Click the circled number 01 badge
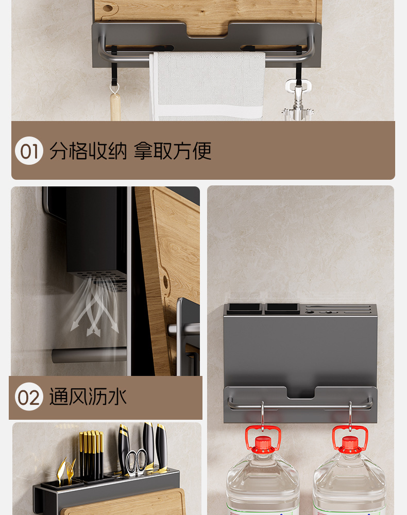tap(29, 151)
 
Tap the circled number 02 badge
tap(29, 397)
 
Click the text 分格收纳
tap(88, 151)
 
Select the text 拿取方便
tap(173, 151)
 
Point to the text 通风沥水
tap(88, 397)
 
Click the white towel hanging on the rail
tap(207, 86)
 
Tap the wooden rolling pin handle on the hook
tap(115, 107)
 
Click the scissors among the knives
tap(137, 462)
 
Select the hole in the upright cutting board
tap(165, 282)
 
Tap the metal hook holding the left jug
tap(262, 416)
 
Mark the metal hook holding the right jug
tap(350, 416)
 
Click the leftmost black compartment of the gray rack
tap(244, 308)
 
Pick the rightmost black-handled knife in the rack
tap(161, 446)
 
